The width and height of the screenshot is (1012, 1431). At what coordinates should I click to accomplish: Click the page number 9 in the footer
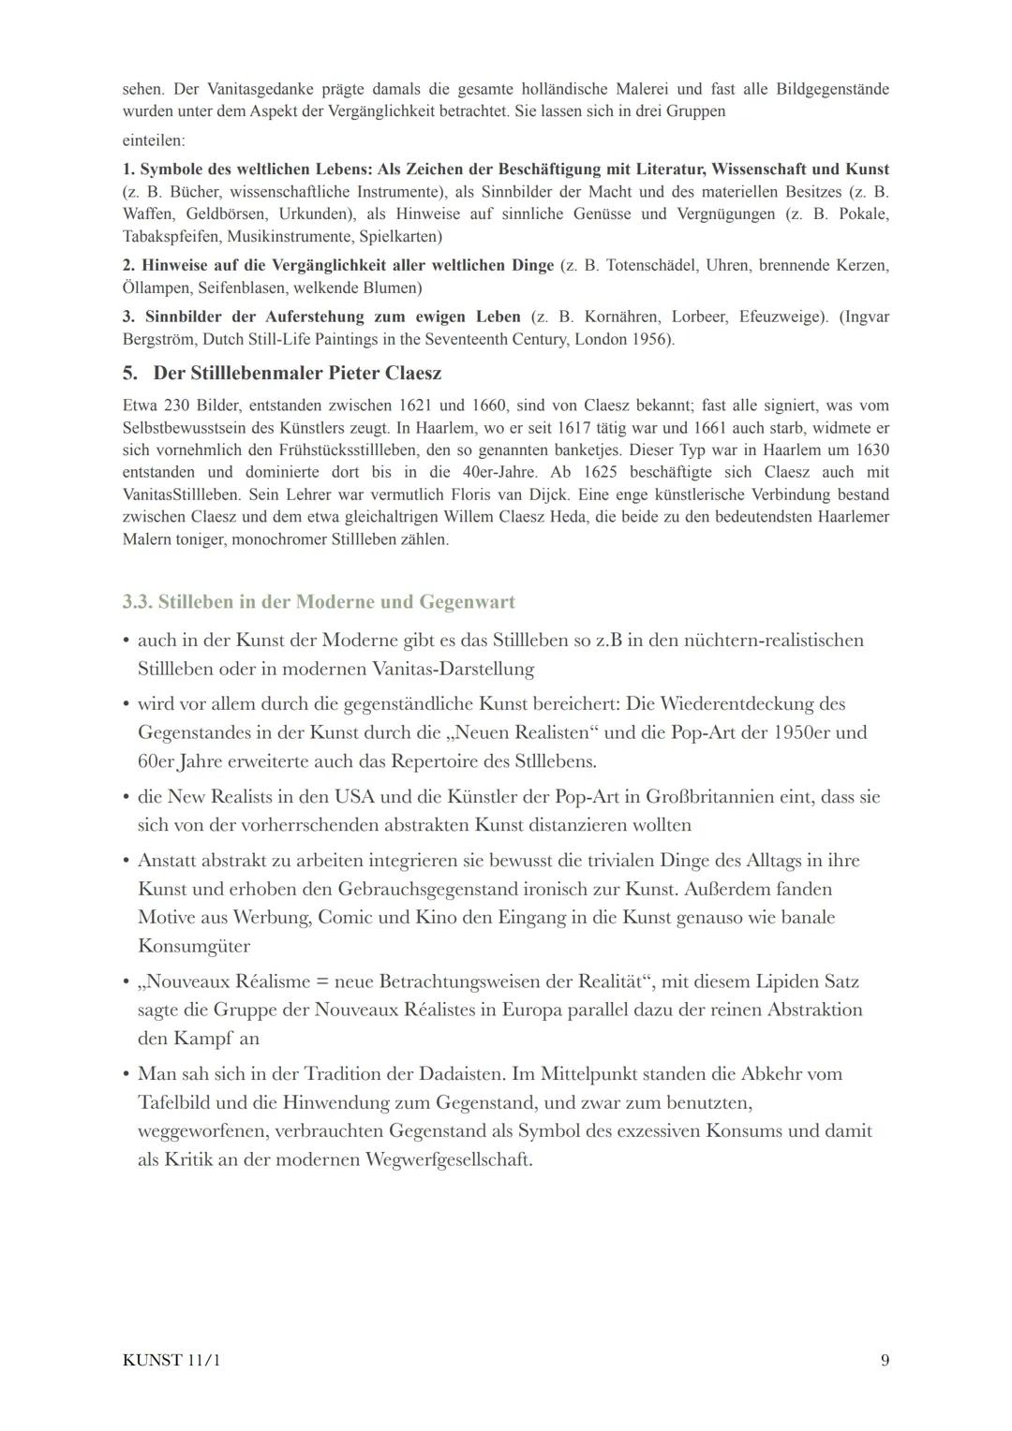click(885, 1360)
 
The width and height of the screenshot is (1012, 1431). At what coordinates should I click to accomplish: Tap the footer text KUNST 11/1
click(171, 1360)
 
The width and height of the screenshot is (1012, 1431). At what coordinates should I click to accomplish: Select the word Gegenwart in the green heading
click(467, 601)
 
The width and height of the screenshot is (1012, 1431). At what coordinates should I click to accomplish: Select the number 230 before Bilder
click(178, 406)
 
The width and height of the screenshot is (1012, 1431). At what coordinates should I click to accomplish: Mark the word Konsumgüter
click(194, 946)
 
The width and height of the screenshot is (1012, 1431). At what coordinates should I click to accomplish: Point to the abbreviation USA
click(354, 797)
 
